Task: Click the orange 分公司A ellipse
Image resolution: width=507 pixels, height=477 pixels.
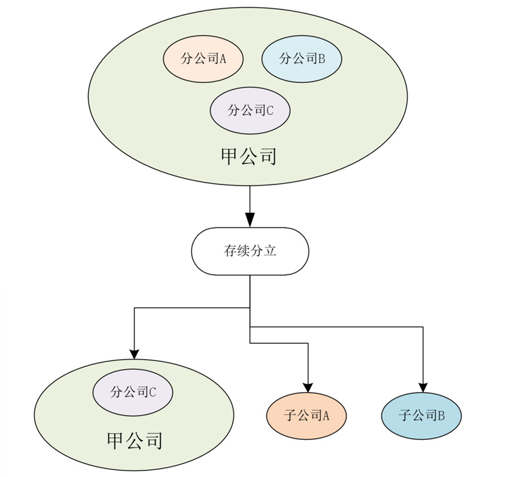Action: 203,59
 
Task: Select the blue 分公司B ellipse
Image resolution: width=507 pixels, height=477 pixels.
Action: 301,59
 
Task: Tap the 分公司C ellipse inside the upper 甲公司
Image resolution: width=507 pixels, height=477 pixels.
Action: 250,110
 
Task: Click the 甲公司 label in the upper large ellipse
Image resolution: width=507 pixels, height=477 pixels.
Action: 249,156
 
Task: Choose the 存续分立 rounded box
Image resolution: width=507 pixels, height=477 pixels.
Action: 250,251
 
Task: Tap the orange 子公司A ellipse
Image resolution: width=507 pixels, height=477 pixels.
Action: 306,415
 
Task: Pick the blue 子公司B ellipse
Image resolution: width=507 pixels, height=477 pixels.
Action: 421,415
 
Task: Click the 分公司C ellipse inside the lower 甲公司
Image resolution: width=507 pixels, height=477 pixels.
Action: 133,392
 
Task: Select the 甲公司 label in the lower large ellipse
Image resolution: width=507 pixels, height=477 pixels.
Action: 134,440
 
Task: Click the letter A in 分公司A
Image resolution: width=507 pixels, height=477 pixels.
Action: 223,59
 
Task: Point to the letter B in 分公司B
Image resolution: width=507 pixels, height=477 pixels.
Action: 321,59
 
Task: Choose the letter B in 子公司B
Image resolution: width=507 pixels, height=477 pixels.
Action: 441,416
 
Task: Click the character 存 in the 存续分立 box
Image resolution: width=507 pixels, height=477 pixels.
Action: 230,251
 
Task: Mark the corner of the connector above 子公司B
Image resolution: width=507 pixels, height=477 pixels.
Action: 423,327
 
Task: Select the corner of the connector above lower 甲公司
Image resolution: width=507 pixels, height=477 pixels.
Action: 134,308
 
